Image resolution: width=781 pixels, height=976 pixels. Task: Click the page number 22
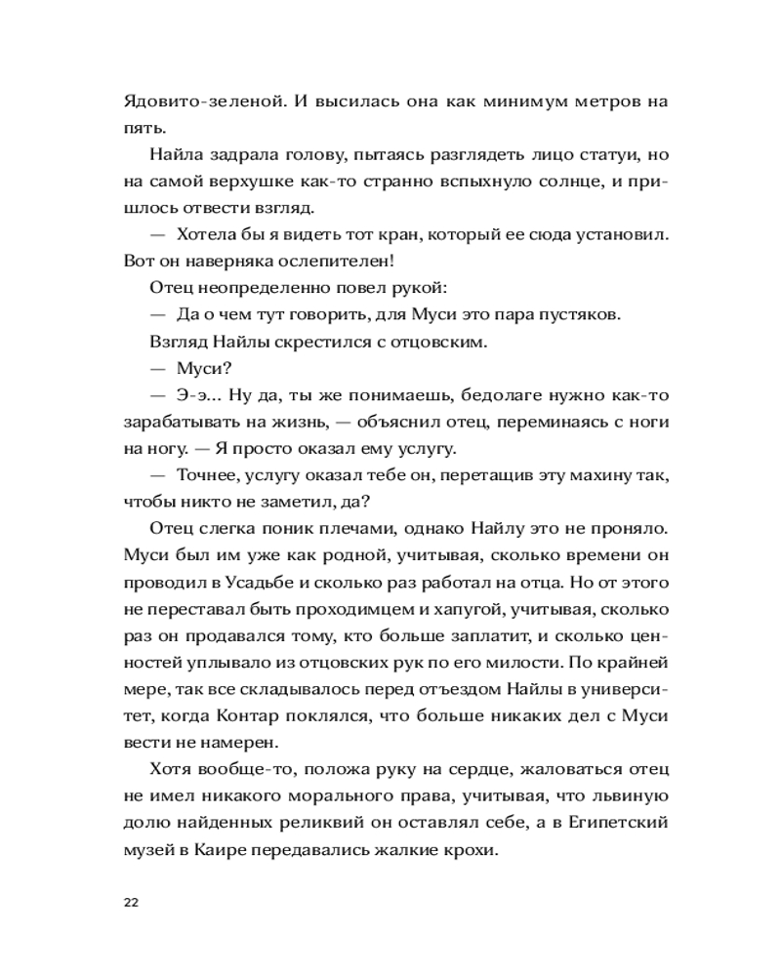[x=131, y=901]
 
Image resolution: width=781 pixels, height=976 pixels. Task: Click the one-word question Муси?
[x=202, y=368]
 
